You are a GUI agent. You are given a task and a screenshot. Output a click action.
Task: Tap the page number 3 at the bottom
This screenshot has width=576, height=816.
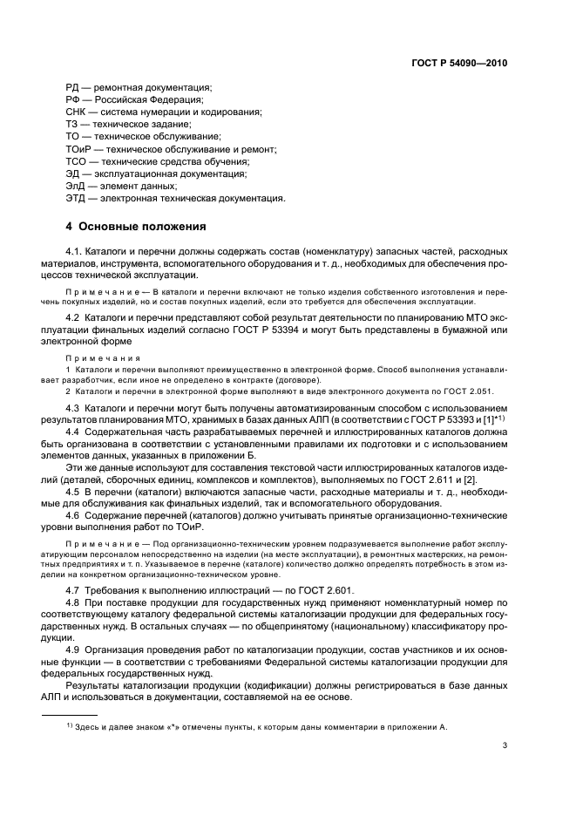[x=505, y=745]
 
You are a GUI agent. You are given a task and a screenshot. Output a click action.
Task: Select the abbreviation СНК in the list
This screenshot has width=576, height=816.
[x=77, y=112]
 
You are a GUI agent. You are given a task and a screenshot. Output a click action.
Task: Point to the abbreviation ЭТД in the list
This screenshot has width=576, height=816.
[x=77, y=198]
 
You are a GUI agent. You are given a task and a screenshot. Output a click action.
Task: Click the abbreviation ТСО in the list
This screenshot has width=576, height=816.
[x=77, y=161]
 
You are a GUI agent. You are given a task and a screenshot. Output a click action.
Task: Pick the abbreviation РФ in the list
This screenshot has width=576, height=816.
[x=73, y=100]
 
